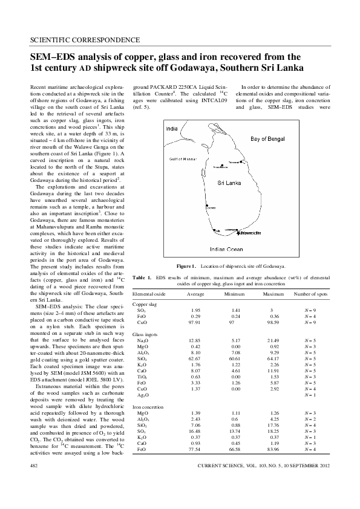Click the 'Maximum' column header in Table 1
tap(273, 293)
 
